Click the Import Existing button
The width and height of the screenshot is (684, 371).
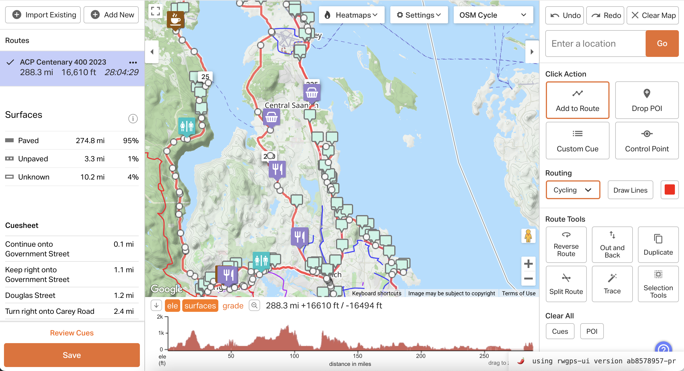[43, 15]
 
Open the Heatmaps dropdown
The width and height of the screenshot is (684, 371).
[352, 15]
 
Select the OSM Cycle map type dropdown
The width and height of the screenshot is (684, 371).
[493, 15]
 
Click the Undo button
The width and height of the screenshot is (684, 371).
[565, 15]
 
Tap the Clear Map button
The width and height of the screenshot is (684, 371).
[653, 15]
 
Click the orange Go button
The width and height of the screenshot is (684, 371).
[662, 44]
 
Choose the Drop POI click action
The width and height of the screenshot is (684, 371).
[647, 100]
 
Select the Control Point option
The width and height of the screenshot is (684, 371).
[647, 141]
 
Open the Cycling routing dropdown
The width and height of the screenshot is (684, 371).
[573, 190]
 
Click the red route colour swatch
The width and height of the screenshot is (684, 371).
[670, 190]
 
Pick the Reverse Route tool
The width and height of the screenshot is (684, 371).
[566, 245]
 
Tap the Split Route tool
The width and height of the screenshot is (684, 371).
[566, 284]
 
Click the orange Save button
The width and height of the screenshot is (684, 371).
[72, 355]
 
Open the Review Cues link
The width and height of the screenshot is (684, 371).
[72, 333]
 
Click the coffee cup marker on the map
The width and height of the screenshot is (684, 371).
[175, 19]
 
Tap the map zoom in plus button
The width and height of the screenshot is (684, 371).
[528, 264]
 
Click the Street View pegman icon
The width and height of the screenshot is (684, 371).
[528, 236]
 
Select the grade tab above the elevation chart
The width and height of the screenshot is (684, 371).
[233, 306]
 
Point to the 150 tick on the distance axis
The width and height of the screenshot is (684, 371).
[358, 356]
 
